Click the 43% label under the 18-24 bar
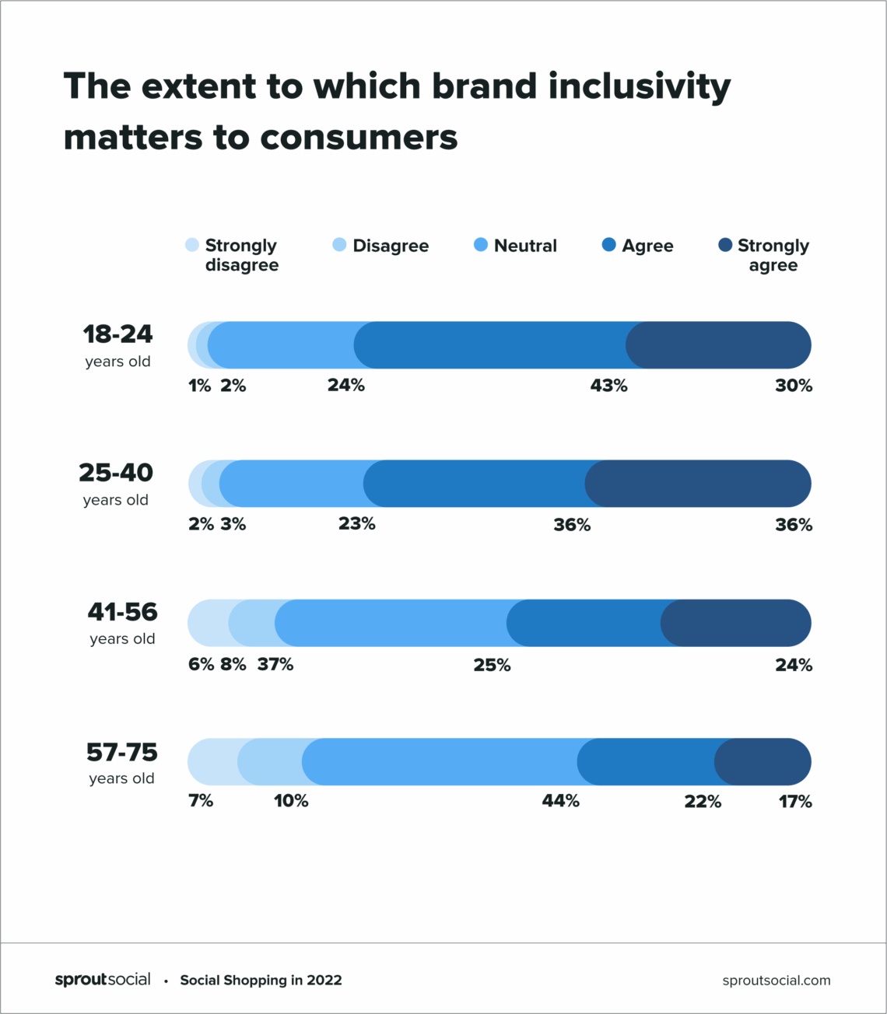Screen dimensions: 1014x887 (608, 386)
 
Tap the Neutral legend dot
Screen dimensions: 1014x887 (481, 245)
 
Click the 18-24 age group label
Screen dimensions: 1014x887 (117, 334)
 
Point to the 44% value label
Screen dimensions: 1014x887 (560, 801)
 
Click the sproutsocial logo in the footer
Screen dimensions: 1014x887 (103, 980)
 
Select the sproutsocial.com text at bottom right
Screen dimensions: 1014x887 (776, 981)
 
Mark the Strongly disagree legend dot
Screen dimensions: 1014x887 (192, 245)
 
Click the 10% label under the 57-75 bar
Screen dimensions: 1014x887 (291, 801)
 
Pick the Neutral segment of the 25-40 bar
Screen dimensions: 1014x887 (292, 484)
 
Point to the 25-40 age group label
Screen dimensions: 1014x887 (116, 473)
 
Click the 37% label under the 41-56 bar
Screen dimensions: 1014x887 (275, 664)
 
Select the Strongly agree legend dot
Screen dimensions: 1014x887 (725, 245)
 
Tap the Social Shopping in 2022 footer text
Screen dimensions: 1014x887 (261, 981)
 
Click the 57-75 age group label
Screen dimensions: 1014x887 (121, 753)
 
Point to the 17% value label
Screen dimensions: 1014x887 (795, 801)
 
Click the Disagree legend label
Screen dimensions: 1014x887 (391, 246)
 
